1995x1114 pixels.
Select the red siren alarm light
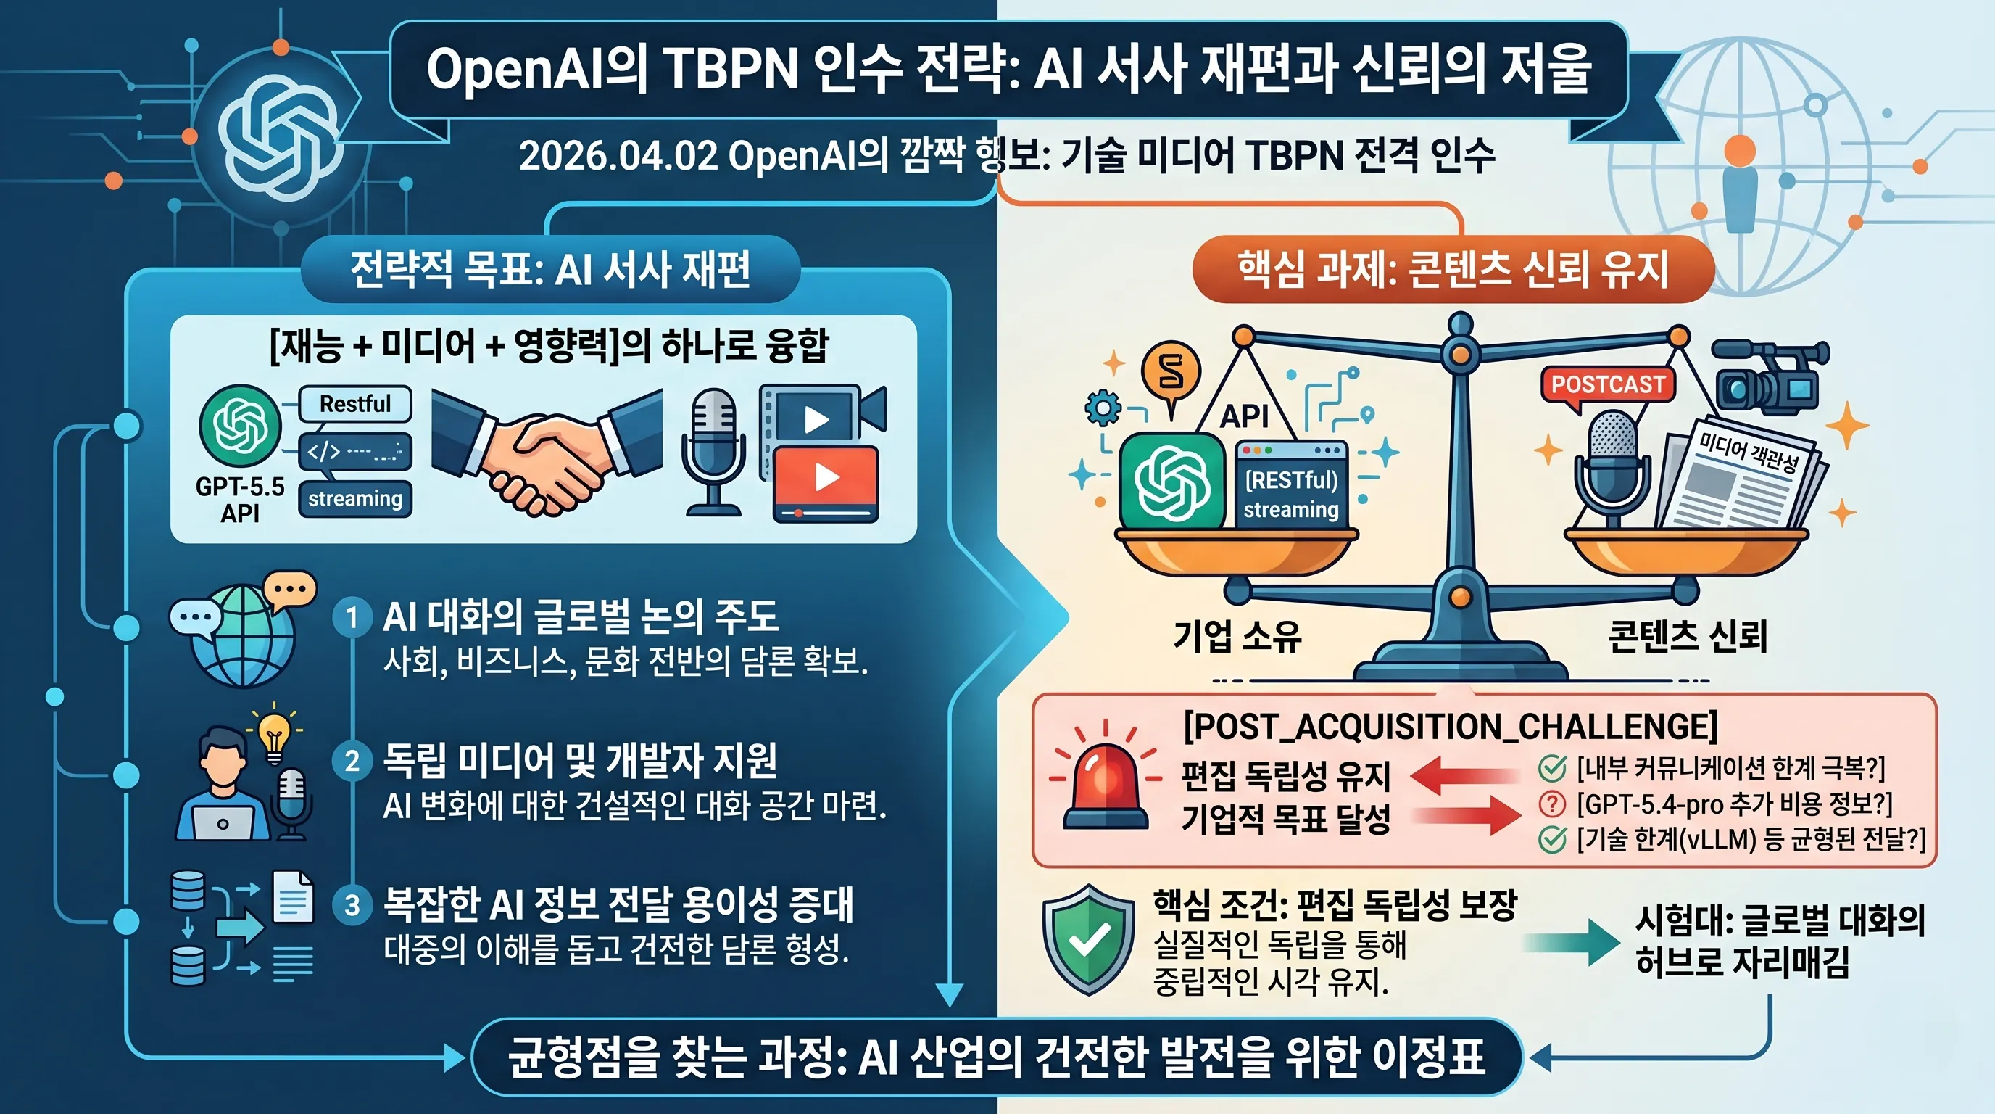pos(1106,778)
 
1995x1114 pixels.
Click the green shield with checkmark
pos(1089,939)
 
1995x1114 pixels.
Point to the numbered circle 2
pos(352,761)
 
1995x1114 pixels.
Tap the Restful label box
pos(355,404)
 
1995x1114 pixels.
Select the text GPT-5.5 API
pos(240,500)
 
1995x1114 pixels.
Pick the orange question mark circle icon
pos(1551,804)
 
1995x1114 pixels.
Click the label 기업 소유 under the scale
pos(1237,635)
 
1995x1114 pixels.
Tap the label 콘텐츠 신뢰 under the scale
pos(1688,636)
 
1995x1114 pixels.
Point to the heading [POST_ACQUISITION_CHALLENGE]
pos(1451,726)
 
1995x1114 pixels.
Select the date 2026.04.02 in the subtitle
pos(618,157)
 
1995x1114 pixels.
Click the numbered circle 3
pos(352,905)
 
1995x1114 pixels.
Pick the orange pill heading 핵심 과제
pos(1453,270)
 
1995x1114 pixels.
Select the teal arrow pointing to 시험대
pos(1571,942)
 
